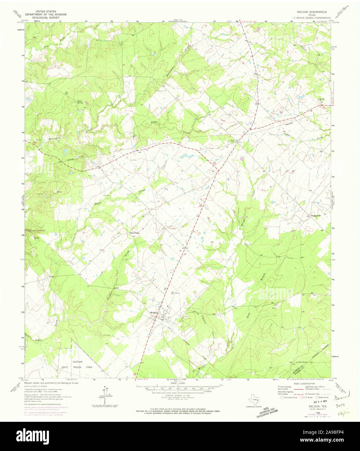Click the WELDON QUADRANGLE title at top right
[307, 12]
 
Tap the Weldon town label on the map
[153, 312]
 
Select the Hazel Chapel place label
[135, 233]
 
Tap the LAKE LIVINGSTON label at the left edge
[35, 230]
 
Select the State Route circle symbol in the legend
[317, 397]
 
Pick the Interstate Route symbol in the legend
[282, 397]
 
